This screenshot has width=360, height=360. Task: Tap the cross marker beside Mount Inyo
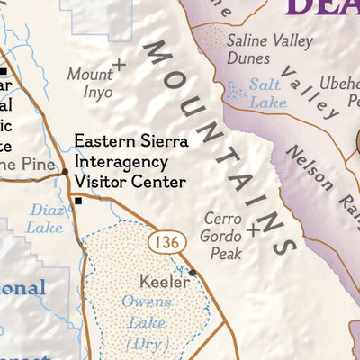[x=119, y=65]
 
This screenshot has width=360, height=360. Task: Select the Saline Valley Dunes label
[x=269, y=49]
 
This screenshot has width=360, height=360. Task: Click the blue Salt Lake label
[x=268, y=95]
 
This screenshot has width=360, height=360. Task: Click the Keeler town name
[x=164, y=282]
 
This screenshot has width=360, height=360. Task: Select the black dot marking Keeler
[x=192, y=272]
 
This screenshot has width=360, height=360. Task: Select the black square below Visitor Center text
[x=78, y=201]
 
